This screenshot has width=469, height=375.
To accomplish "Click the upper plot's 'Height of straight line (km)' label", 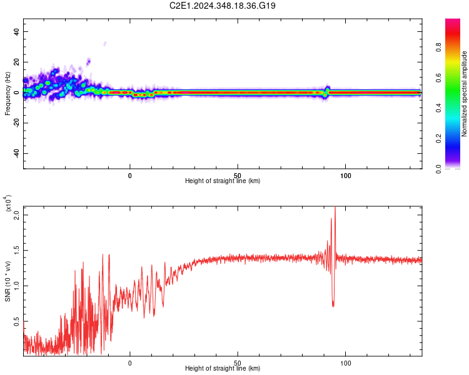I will pyautogui.click(x=223, y=181).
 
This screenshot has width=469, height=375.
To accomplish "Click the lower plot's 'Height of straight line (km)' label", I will pyautogui.click(x=223, y=369).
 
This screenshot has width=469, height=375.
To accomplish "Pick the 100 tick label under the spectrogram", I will pyautogui.click(x=345, y=175).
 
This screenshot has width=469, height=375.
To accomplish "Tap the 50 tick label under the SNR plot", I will pyautogui.click(x=238, y=362).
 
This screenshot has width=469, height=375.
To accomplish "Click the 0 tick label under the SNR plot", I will pyautogui.click(x=130, y=362).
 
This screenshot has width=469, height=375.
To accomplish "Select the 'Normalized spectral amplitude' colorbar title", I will pyautogui.click(x=464, y=94).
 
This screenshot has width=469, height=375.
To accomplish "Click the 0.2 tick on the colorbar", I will pyautogui.click(x=455, y=138).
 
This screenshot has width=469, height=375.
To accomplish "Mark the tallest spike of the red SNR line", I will pyautogui.click(x=335, y=207).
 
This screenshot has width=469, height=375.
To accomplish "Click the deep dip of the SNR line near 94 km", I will pyautogui.click(x=333, y=305).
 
